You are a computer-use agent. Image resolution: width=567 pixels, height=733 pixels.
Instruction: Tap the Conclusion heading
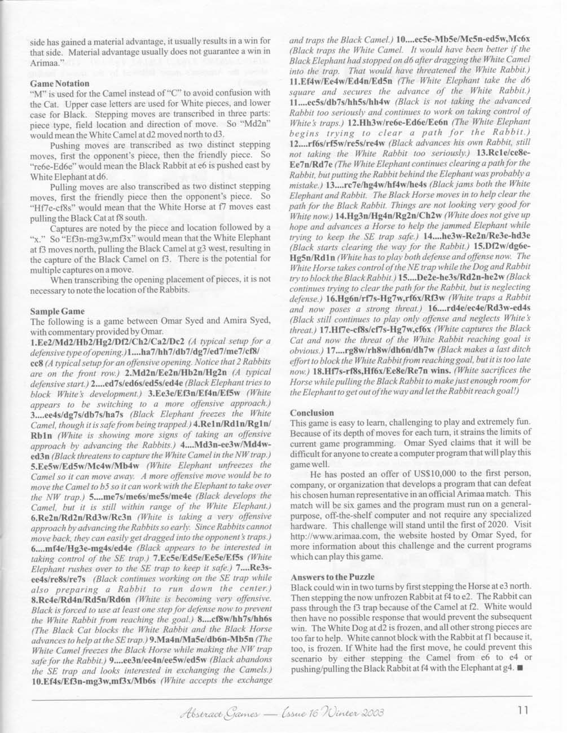[x=312, y=413]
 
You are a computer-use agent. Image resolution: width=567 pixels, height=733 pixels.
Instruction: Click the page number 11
[x=522, y=711]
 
